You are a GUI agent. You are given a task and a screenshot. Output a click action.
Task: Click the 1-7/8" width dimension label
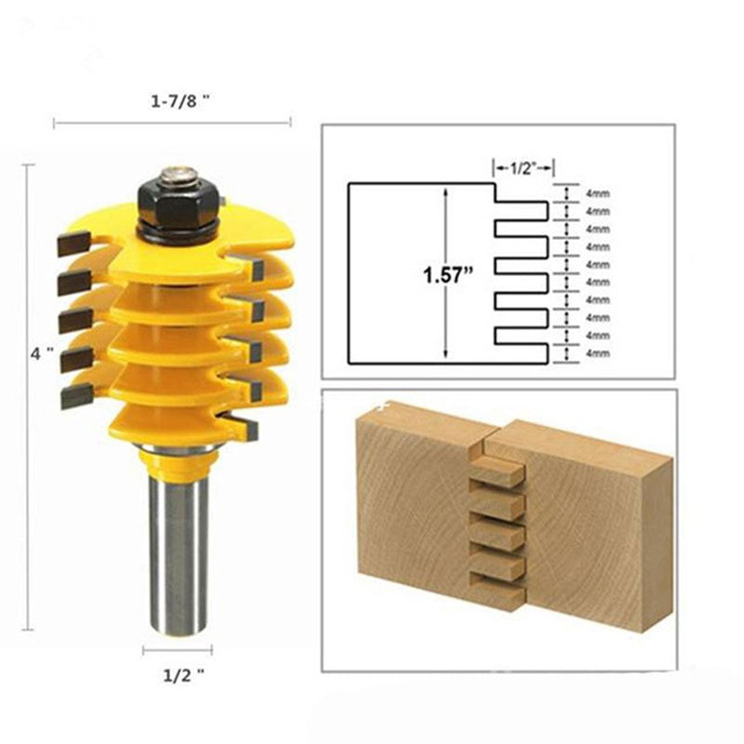[177, 105]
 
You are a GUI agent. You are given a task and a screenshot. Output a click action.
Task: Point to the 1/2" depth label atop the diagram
[523, 167]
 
